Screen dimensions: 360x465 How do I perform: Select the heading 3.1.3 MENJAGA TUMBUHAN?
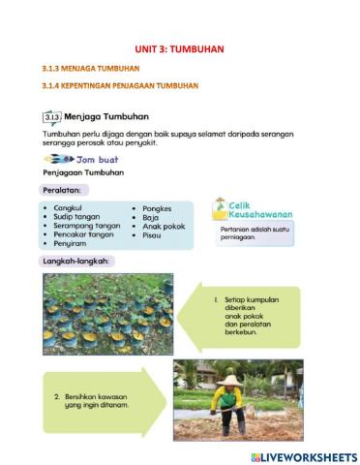[91, 69]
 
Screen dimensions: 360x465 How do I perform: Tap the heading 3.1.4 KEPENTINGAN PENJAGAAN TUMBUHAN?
[120, 85]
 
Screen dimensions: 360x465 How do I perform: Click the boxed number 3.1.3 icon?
[51, 116]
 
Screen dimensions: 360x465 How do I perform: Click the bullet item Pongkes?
[158, 207]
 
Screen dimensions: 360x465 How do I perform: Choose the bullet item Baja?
[150, 217]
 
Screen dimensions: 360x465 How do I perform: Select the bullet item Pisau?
[152, 235]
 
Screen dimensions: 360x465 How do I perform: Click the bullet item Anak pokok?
[164, 226]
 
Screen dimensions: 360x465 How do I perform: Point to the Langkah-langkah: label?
[76, 262]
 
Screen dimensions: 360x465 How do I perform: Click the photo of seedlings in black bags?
[107, 312]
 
